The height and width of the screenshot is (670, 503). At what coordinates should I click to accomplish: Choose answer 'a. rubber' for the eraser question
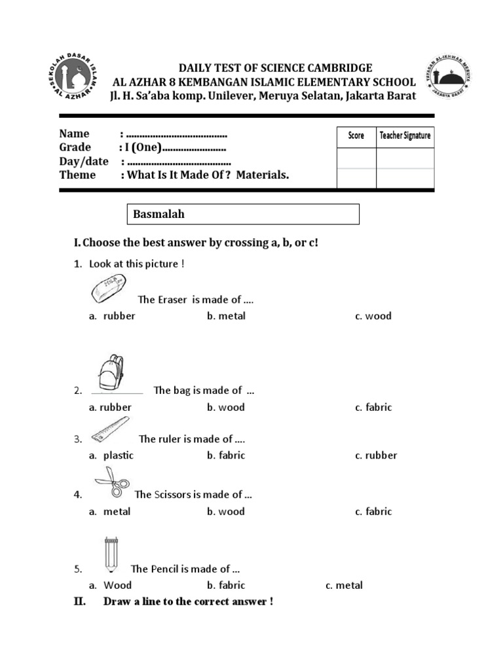coord(113,316)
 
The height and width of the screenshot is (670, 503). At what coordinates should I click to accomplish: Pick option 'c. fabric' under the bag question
coord(373,407)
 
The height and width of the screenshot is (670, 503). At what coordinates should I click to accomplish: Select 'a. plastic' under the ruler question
coord(111,455)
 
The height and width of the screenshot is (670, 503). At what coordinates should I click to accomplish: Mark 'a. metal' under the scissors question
coord(110,512)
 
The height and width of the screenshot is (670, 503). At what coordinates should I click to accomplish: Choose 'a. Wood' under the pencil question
coord(110,586)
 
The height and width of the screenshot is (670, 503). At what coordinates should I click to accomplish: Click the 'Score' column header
coord(356,136)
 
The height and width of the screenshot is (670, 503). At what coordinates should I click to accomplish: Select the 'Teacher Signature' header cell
coord(405,136)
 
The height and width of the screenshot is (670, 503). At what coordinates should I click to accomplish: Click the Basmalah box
coord(242,214)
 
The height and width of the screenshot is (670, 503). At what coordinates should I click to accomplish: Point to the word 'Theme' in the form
coord(77,175)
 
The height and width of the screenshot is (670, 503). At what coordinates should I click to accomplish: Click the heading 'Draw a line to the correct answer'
coord(188,601)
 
